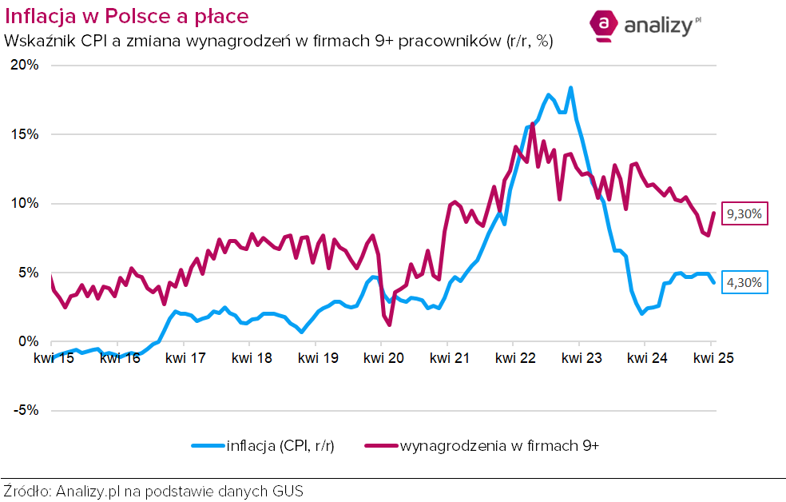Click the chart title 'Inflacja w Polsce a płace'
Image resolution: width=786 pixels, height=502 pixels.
coord(126,16)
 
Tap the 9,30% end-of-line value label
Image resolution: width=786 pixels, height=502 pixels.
coord(746,214)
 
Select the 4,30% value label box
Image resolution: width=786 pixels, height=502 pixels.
coord(746,282)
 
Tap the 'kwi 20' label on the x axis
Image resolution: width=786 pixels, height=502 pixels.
coord(383,359)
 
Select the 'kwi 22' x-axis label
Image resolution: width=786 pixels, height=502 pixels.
coord(514,359)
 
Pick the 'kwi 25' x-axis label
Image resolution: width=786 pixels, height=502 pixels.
coord(713,359)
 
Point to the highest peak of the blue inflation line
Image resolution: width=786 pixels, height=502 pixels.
coord(570,88)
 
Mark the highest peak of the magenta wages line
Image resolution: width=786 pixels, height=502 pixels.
coord(533,124)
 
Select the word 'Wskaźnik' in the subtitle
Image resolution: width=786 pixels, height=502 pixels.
coord(36,41)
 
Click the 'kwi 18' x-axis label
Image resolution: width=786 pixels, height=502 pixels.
coord(251,359)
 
